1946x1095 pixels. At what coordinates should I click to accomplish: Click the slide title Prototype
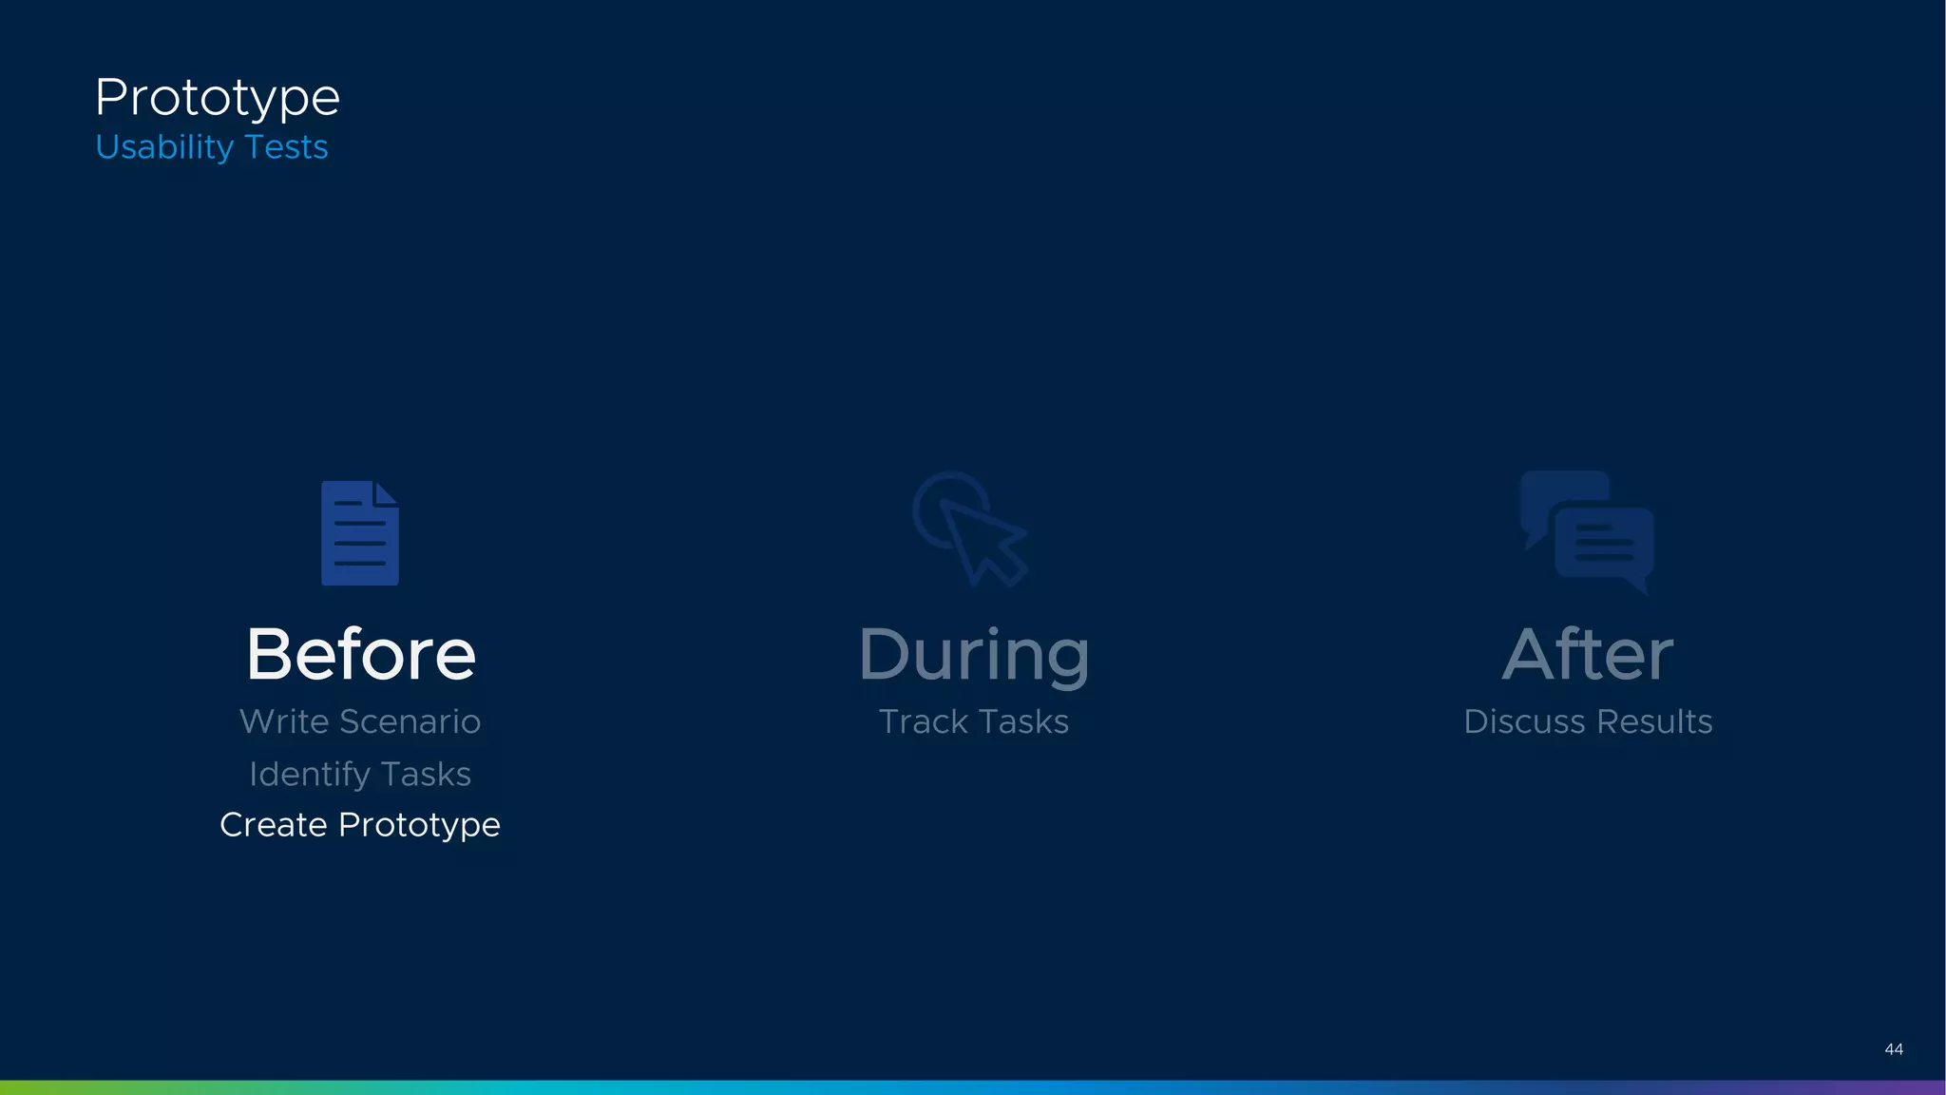pyautogui.click(x=218, y=98)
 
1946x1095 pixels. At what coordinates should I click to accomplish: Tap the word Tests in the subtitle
pyautogui.click(x=286, y=147)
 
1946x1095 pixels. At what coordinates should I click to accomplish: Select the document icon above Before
pyautogui.click(x=360, y=533)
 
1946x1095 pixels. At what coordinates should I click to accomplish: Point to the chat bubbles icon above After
pyautogui.click(x=1587, y=531)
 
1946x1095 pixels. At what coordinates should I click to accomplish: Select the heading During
pyautogui.click(x=974, y=656)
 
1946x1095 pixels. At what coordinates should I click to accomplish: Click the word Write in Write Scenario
pyautogui.click(x=284, y=721)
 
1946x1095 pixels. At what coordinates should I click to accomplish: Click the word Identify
pyautogui.click(x=310, y=775)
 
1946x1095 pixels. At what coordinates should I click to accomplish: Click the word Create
pyautogui.click(x=274, y=824)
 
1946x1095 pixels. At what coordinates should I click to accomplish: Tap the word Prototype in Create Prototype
pyautogui.click(x=419, y=826)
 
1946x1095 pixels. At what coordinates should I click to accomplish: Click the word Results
pyautogui.click(x=1654, y=721)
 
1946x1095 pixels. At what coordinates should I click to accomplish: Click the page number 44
pyautogui.click(x=1894, y=1049)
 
